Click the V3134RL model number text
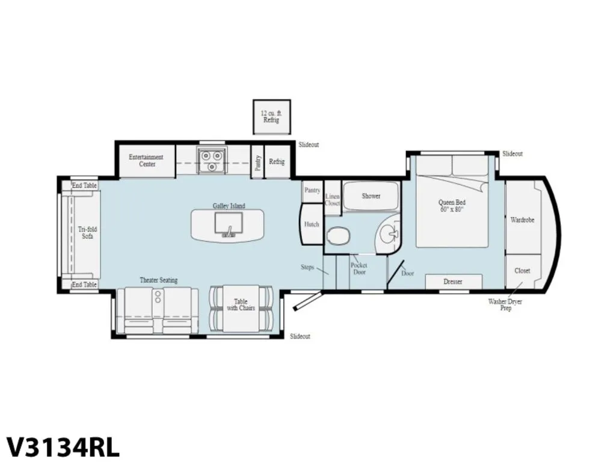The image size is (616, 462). coord(63,447)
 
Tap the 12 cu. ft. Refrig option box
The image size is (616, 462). coord(271,117)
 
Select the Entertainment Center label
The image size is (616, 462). coord(146,160)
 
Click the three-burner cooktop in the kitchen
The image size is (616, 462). coord(212,160)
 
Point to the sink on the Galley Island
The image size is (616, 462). coord(229,225)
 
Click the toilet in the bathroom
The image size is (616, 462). coord(338,236)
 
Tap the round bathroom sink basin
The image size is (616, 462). coord(389,235)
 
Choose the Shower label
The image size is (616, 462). coord(371,196)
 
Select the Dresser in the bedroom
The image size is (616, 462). coord(454,282)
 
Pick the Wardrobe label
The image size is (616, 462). coord(523,220)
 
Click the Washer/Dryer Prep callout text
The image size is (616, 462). coord(505,305)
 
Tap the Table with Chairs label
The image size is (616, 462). coord(241,305)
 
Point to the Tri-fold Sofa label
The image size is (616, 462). coord(87,233)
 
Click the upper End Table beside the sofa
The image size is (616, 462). coord(84,185)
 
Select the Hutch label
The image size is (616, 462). coord(312,224)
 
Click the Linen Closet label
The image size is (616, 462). coord(332,200)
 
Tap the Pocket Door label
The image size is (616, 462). coord(359,269)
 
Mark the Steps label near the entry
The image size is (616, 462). coord(307,267)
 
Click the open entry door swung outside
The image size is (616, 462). coord(308,301)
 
